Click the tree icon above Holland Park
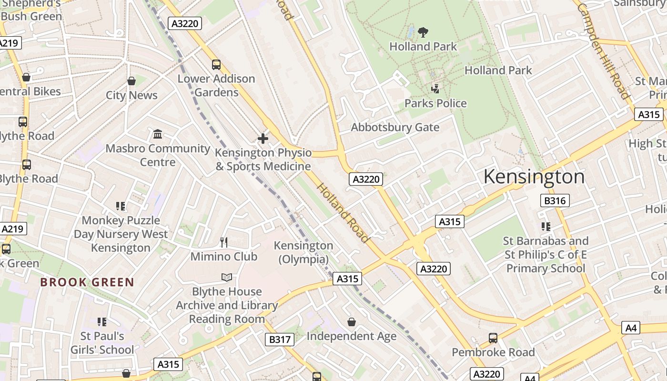[423, 32]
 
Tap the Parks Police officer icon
[435, 88]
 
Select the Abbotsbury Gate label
[395, 127]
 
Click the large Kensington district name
[534, 177]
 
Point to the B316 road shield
[555, 201]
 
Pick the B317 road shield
[279, 340]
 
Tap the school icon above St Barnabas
[546, 227]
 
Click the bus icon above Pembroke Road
[493, 338]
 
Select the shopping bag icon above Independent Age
[352, 322]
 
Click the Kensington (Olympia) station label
[303, 252]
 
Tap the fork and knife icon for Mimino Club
[224, 242]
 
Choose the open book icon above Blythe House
[227, 277]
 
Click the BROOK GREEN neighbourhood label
[87, 282]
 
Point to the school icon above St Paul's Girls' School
[102, 322]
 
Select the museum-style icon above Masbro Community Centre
[158, 134]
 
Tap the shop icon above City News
[131, 81]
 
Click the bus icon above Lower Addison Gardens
[216, 65]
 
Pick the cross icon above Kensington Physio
[263, 139]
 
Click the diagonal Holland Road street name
[343, 212]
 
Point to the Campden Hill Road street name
[603, 51]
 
